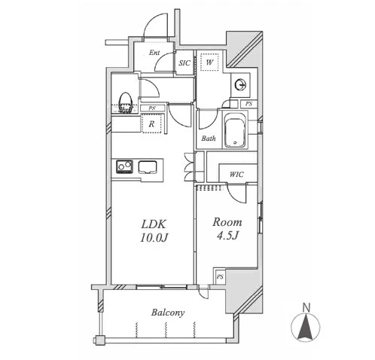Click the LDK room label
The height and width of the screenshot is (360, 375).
click(x=154, y=224)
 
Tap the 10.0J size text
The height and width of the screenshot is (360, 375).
click(x=154, y=237)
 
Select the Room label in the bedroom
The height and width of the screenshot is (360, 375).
click(x=227, y=222)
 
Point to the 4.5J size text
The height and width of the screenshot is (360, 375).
click(x=227, y=236)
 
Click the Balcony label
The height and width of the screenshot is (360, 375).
click(x=168, y=313)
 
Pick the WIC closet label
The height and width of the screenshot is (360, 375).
click(x=236, y=174)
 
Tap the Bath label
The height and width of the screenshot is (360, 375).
click(x=209, y=138)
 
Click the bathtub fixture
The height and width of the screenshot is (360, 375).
click(x=235, y=130)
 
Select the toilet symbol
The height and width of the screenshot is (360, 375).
click(x=126, y=102)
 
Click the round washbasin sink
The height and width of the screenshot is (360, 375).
click(x=241, y=84)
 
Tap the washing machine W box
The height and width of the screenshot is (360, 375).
click(x=209, y=62)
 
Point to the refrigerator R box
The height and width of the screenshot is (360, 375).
click(x=151, y=124)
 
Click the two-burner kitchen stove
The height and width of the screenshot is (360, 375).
click(x=124, y=166)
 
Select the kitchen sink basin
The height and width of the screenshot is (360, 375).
click(x=148, y=167)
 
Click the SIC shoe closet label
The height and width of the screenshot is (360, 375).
click(x=184, y=63)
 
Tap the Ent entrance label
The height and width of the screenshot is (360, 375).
click(x=154, y=53)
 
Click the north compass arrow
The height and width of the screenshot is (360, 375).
click(x=306, y=327)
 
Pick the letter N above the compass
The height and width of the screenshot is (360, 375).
click(x=306, y=307)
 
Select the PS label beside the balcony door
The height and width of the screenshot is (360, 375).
click(x=220, y=277)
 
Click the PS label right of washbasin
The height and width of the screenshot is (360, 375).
click(x=248, y=103)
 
